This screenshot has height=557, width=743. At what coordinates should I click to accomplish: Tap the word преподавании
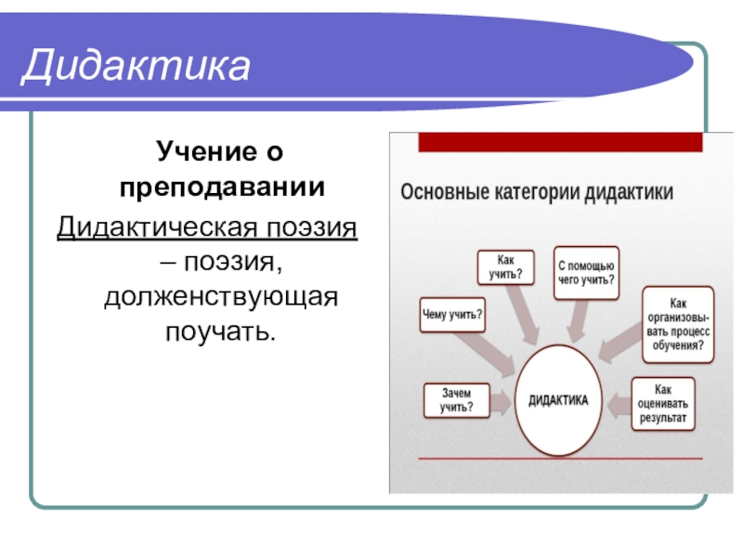pyautogui.click(x=222, y=188)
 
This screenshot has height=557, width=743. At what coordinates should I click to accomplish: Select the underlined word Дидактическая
pyautogui.click(x=150, y=227)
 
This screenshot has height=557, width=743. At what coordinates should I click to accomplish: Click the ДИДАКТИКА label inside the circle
pyautogui.click(x=558, y=400)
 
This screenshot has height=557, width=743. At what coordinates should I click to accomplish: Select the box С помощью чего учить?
pyautogui.click(x=587, y=272)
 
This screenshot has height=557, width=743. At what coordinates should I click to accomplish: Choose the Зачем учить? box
pyautogui.click(x=456, y=400)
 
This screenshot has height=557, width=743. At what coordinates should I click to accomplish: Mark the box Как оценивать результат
pyautogui.click(x=662, y=404)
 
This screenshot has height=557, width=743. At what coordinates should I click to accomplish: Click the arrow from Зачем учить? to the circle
pyautogui.click(x=500, y=401)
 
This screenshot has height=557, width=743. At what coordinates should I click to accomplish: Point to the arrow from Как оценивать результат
pyautogui.click(x=616, y=401)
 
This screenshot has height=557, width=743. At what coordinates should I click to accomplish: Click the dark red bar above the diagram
pyautogui.click(x=560, y=142)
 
